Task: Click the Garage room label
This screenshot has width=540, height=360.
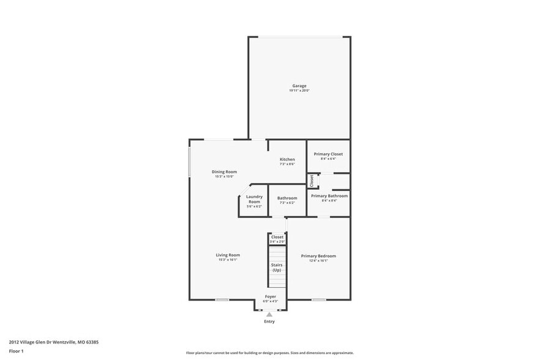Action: click(299, 86)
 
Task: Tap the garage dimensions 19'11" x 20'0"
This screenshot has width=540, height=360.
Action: click(299, 91)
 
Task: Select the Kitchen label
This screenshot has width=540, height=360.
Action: click(287, 159)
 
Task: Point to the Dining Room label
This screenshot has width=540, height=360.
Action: click(224, 171)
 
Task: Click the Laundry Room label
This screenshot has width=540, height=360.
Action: click(254, 199)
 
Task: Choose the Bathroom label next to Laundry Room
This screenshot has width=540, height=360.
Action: click(287, 198)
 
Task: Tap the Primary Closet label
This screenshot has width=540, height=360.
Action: click(328, 154)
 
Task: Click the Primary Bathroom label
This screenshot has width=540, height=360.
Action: click(329, 196)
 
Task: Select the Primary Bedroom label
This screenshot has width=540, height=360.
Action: click(318, 256)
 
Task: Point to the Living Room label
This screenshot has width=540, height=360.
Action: click(228, 255)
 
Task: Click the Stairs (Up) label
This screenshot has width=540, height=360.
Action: click(277, 268)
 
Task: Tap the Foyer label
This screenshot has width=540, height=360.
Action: click(270, 296)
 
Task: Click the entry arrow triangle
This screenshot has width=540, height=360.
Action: click(269, 315)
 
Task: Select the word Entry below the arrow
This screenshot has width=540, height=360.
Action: click(269, 321)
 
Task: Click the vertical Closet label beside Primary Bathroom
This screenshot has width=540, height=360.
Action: click(311, 181)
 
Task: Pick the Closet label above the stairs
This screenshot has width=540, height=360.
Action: click(277, 236)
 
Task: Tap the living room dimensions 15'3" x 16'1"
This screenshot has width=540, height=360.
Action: click(228, 260)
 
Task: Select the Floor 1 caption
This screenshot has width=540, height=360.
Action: click(16, 351)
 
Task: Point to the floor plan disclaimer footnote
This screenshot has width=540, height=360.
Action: click(270, 353)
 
